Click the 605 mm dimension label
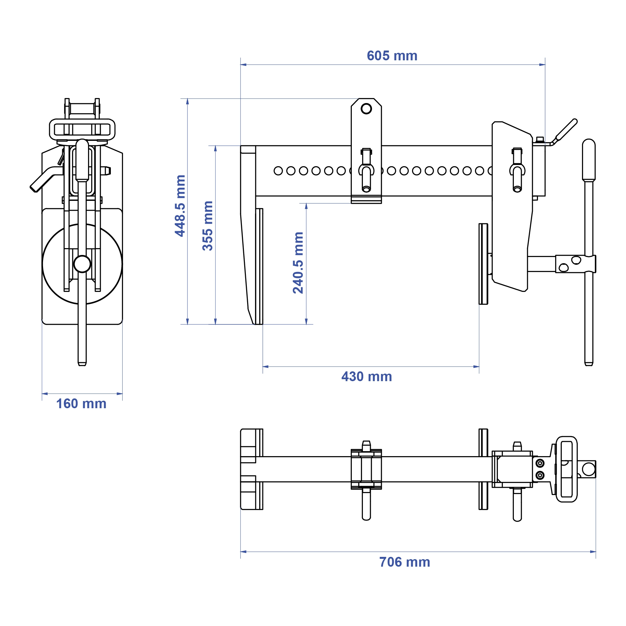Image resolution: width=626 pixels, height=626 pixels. pyautogui.click(x=392, y=56)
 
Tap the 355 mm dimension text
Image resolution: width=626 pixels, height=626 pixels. pyautogui.click(x=208, y=226)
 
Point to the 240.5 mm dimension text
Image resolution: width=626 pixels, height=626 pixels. pyautogui.click(x=298, y=263)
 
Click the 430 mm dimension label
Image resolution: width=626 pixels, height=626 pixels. pyautogui.click(x=366, y=377)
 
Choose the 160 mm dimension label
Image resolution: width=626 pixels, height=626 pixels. pyautogui.click(x=81, y=404)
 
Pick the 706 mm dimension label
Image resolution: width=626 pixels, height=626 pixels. pyautogui.click(x=404, y=562)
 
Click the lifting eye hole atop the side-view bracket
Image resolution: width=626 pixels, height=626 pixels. pyautogui.click(x=366, y=109)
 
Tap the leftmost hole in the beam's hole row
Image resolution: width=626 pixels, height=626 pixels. pyautogui.click(x=278, y=171)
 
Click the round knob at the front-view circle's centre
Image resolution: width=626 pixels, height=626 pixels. pyautogui.click(x=82, y=264)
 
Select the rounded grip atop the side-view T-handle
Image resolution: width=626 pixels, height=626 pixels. pyautogui.click(x=589, y=160)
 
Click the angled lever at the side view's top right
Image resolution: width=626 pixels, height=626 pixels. pyautogui.click(x=566, y=130)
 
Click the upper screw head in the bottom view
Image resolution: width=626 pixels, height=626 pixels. pyautogui.click(x=540, y=463)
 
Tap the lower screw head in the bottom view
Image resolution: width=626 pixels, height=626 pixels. pyautogui.click(x=540, y=475)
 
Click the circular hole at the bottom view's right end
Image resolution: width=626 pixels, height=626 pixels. pyautogui.click(x=589, y=469)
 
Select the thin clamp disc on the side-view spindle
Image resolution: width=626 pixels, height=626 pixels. pyautogui.click(x=483, y=264)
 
